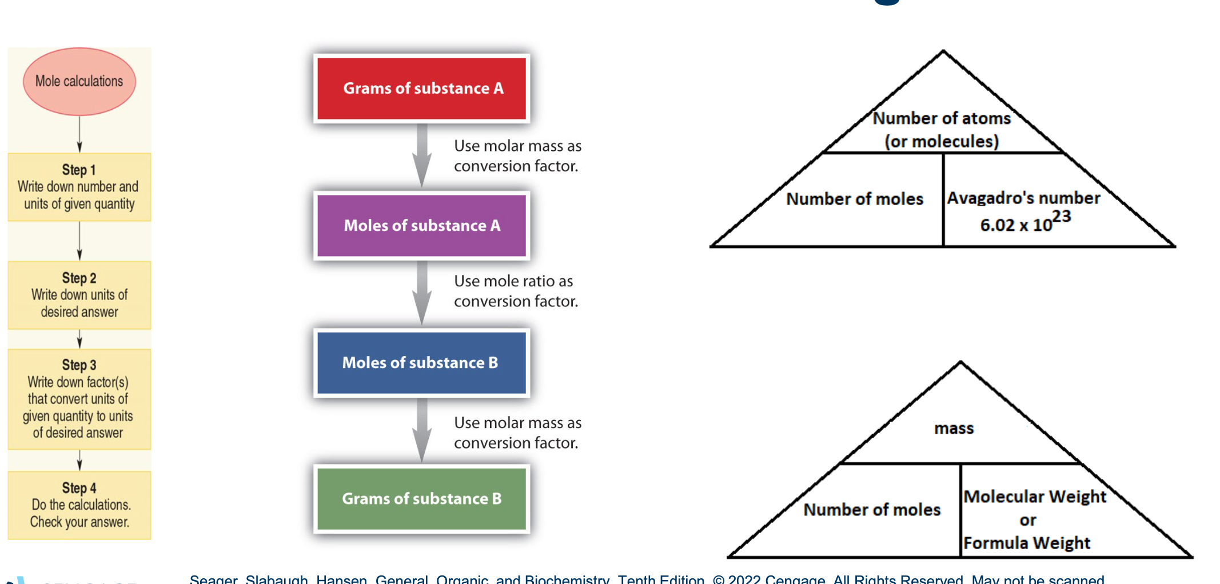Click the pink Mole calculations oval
[79, 82]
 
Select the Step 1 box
[79, 187]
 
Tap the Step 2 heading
[79, 278]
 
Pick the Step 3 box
[79, 399]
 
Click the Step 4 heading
[79, 488]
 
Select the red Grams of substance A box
[422, 89]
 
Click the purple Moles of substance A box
[422, 226]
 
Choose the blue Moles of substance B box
[422, 363]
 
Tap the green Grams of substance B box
[422, 499]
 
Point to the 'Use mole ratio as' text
[513, 281]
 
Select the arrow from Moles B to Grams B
[422, 430]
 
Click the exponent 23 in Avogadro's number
[1061, 217]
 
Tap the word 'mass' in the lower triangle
[954, 429]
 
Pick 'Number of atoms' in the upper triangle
[942, 118]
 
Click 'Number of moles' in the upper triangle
[855, 199]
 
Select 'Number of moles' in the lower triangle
[872, 510]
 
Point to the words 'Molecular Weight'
[1035, 497]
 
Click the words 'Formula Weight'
[1027, 543]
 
